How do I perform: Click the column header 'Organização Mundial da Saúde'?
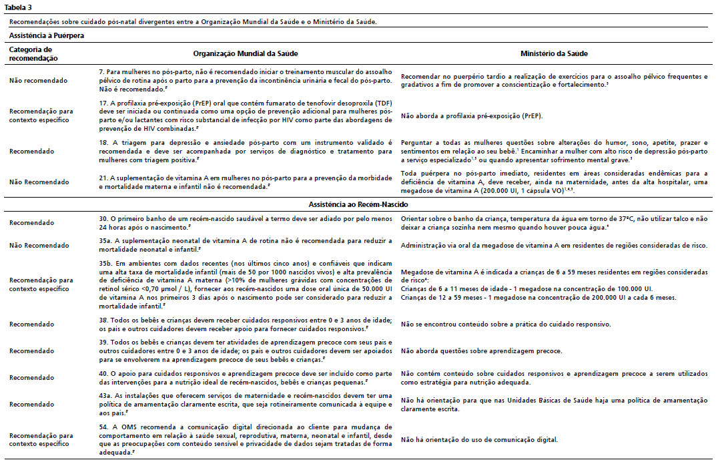click(x=245, y=53)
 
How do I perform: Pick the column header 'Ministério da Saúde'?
click(x=554, y=53)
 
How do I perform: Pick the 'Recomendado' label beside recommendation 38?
click(x=32, y=324)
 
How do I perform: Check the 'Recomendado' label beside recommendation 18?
click(x=32, y=151)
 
